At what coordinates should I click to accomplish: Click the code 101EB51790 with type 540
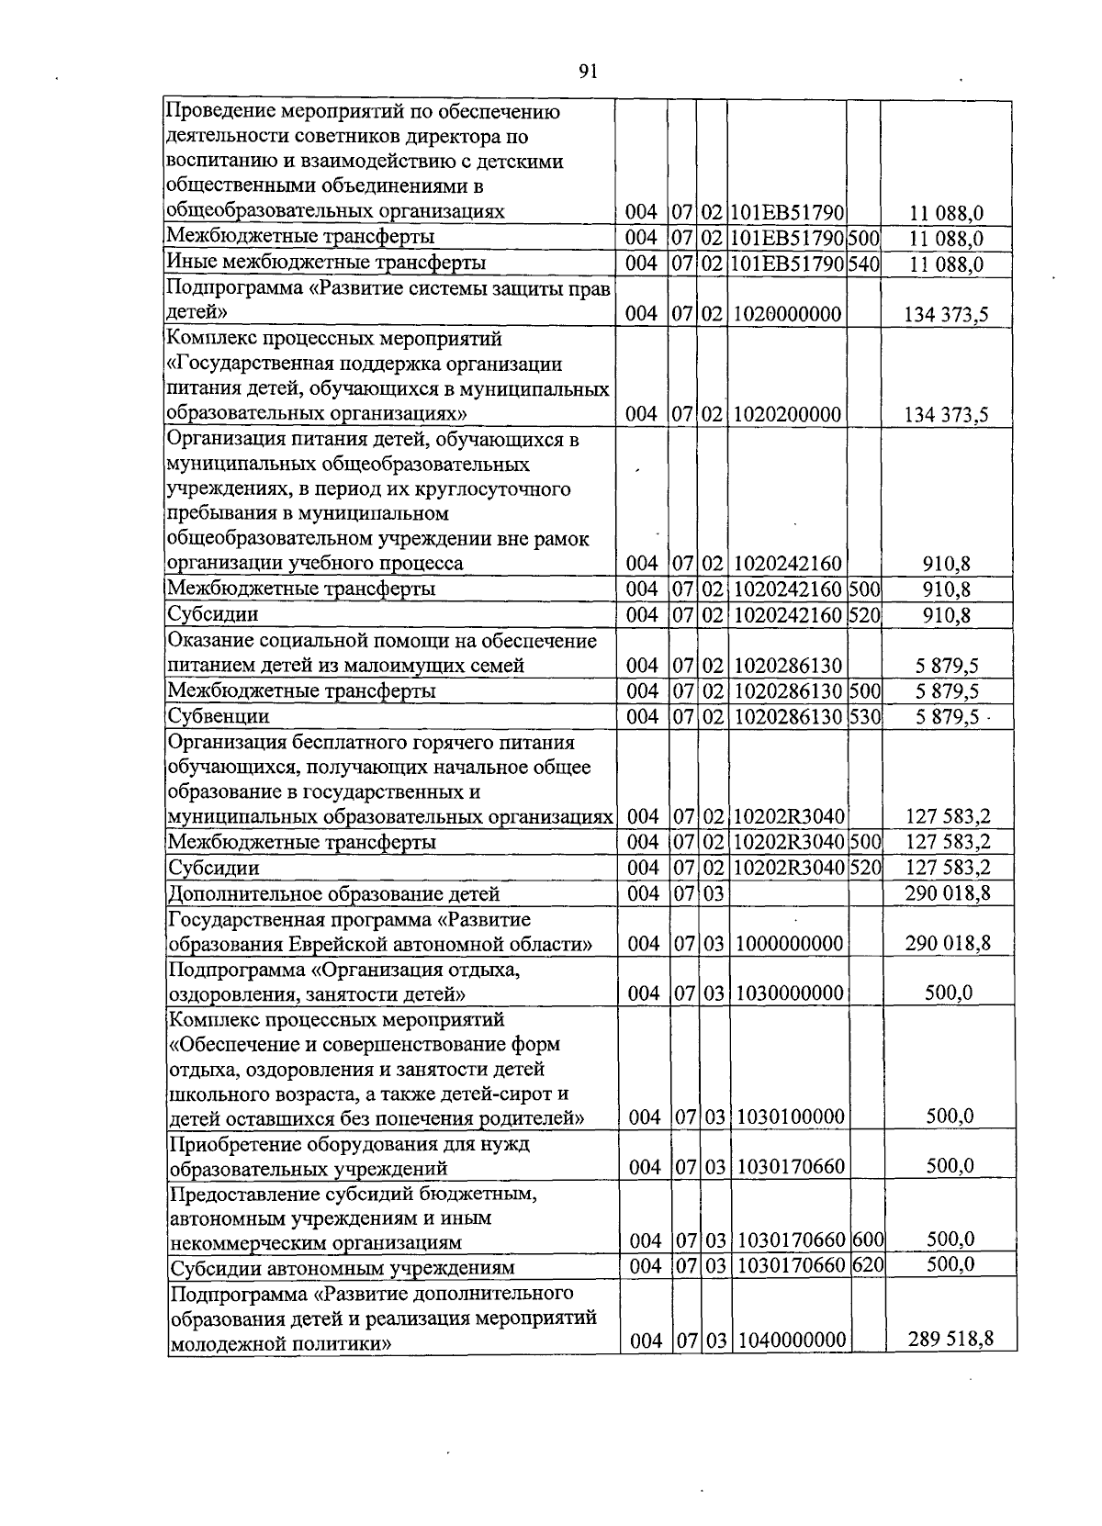pyautogui.click(x=788, y=264)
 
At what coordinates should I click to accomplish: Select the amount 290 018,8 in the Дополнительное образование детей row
pyautogui.click(x=947, y=892)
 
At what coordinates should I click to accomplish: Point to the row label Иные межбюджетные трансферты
pyautogui.click(x=326, y=264)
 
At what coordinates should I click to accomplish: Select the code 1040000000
pyautogui.click(x=791, y=1341)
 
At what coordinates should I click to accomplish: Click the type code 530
pyautogui.click(x=864, y=716)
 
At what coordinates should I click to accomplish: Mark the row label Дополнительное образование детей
pyautogui.click(x=333, y=893)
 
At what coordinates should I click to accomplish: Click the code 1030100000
pyautogui.click(x=791, y=1116)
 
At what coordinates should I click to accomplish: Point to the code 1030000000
pyautogui.click(x=789, y=993)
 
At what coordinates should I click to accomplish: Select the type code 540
pyautogui.click(x=864, y=264)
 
